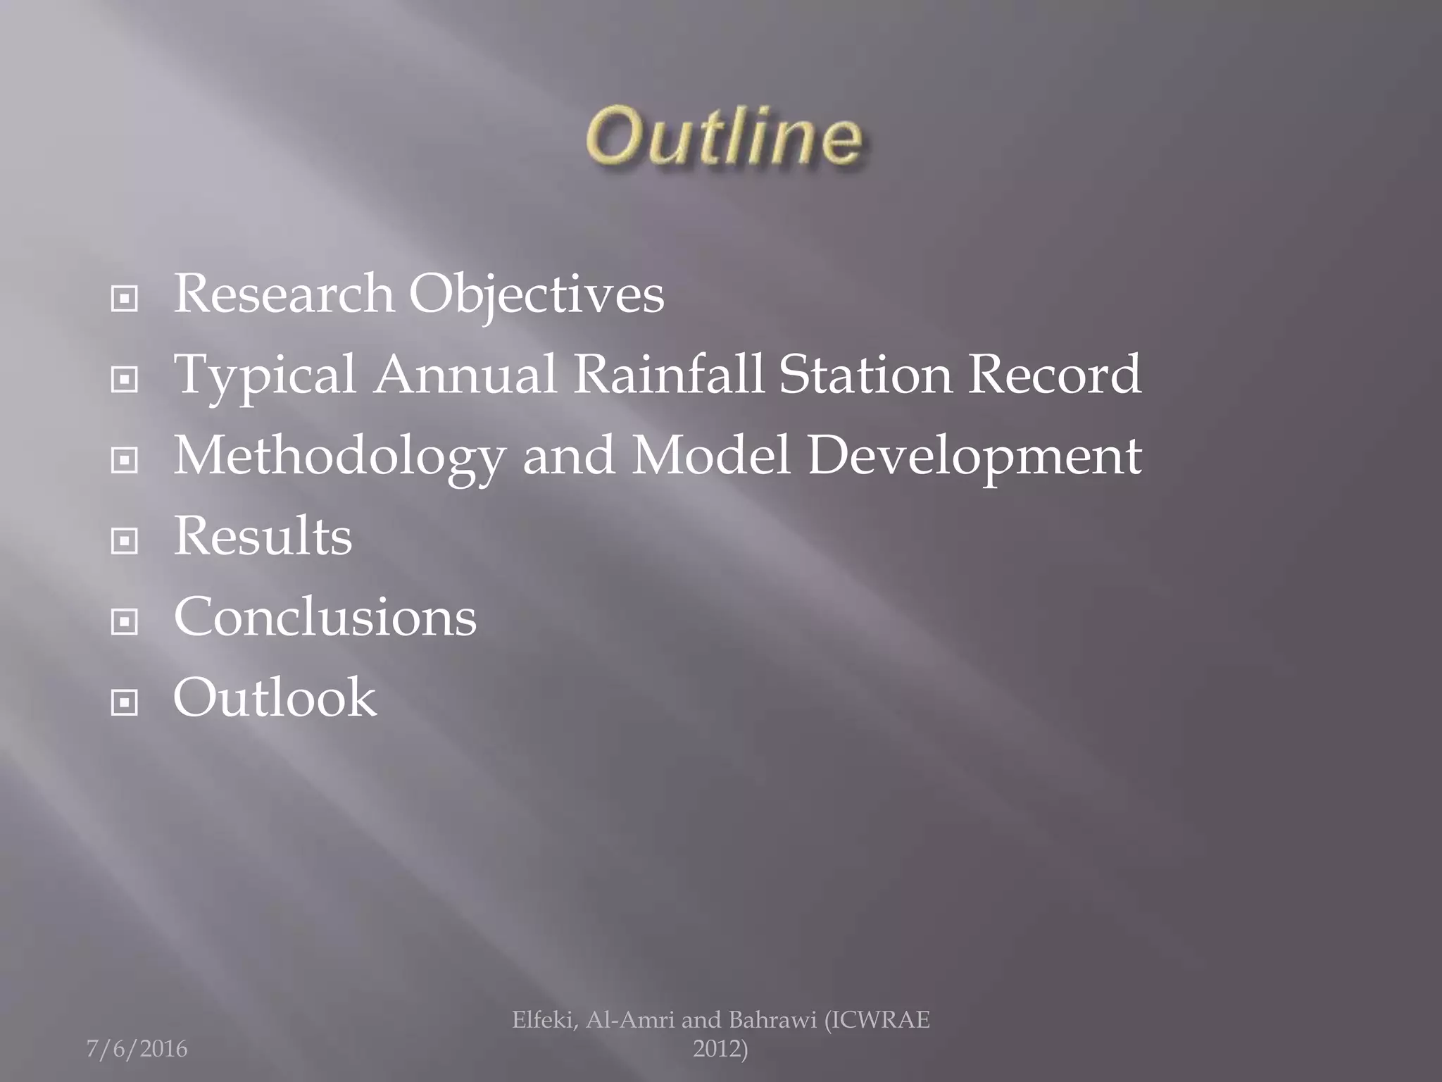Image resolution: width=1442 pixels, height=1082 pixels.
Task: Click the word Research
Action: (283, 294)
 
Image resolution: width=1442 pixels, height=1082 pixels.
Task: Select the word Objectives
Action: (537, 295)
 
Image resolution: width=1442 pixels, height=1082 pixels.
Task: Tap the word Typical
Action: (265, 375)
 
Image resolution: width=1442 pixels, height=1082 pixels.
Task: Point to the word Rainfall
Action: (669, 374)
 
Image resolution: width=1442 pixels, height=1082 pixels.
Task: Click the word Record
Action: (1054, 374)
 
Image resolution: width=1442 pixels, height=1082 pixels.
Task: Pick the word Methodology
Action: (339, 456)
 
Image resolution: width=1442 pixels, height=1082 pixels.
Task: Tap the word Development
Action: (974, 456)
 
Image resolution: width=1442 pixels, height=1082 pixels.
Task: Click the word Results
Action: (263, 536)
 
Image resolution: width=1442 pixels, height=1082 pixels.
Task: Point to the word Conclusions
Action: (325, 616)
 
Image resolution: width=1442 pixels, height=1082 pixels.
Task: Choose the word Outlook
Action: (275, 697)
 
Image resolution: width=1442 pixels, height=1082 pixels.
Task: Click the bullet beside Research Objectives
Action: (125, 299)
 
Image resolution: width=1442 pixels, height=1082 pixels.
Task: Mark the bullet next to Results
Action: (125, 541)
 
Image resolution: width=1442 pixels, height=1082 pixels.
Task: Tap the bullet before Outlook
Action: (125, 702)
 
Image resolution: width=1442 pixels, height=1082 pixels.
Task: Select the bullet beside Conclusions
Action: (125, 621)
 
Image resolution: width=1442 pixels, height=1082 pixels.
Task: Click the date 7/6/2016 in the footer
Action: (137, 1049)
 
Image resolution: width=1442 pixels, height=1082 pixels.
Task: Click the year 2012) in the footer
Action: (720, 1049)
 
